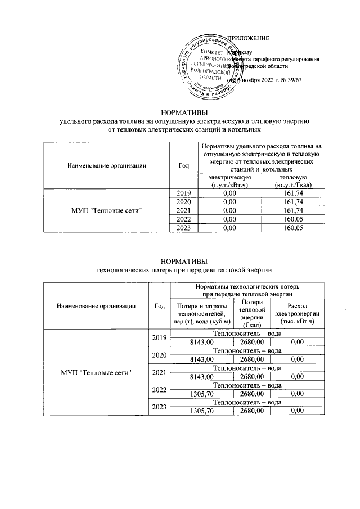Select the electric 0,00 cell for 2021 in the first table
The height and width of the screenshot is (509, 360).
click(x=228, y=210)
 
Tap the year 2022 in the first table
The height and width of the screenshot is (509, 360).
click(x=184, y=219)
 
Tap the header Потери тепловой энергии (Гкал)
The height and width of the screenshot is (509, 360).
click(x=251, y=313)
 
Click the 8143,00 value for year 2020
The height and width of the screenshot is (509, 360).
click(x=202, y=358)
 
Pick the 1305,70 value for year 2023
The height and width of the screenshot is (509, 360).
click(x=202, y=411)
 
